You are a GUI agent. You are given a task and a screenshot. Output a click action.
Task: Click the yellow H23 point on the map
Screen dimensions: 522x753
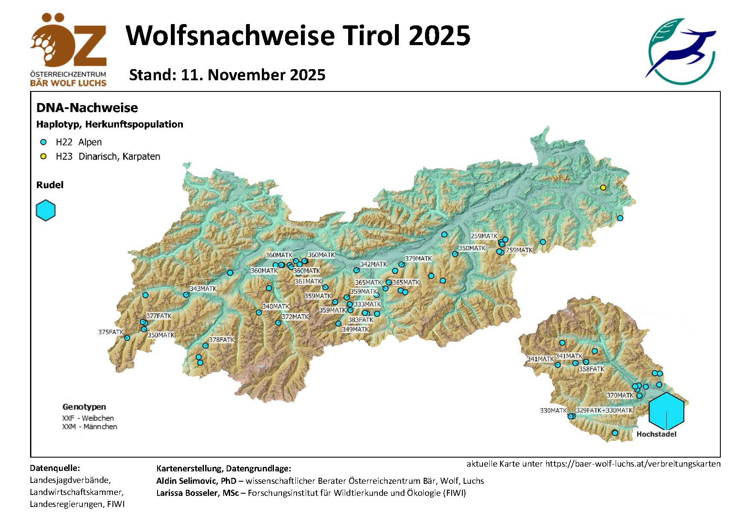[x=603, y=188]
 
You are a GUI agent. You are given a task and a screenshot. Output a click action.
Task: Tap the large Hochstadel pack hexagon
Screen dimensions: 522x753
[x=666, y=411]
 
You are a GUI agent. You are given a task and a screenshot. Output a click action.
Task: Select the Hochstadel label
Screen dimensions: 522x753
[x=656, y=434]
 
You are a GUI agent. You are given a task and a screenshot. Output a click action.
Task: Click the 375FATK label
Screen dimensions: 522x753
[x=111, y=332]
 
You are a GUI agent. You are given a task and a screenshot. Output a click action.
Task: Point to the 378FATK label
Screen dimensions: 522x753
[x=222, y=340]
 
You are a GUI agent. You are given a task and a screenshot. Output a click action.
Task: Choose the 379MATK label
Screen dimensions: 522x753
[x=419, y=258]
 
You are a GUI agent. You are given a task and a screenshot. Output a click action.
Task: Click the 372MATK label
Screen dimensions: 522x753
[x=295, y=316]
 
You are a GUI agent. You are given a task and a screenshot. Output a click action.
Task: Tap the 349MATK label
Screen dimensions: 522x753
[x=355, y=329]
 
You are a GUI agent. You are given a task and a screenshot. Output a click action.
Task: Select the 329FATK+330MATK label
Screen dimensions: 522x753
[x=604, y=410]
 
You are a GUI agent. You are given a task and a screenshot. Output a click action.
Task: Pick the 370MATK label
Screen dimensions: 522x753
[x=620, y=395]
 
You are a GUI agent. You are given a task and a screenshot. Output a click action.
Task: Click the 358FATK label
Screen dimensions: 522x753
[x=592, y=369]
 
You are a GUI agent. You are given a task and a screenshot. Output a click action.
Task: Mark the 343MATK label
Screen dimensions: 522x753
[x=203, y=288]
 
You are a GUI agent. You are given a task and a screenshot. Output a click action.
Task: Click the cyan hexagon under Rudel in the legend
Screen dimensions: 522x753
[x=46, y=210]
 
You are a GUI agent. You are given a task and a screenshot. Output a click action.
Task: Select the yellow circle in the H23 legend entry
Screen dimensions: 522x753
[x=43, y=156]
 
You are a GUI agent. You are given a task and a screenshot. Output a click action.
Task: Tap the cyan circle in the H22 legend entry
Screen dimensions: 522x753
[x=43, y=142]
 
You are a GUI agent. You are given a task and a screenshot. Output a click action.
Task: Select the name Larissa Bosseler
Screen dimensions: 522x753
[x=197, y=493]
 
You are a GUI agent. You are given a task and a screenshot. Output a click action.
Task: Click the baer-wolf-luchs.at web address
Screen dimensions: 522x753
[x=633, y=464]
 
